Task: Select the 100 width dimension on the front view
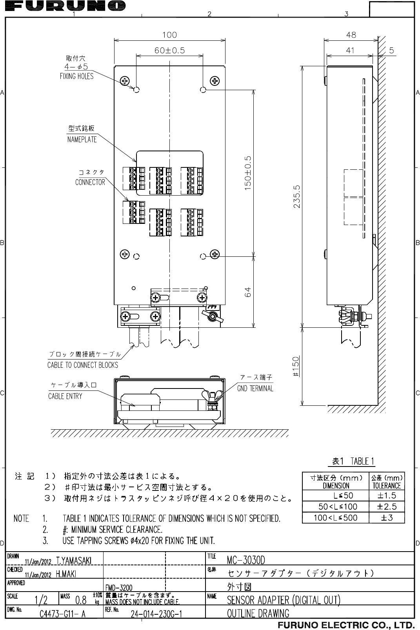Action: point(169,35)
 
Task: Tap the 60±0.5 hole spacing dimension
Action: point(169,50)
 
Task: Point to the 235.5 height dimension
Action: point(297,197)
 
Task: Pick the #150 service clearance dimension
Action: point(297,366)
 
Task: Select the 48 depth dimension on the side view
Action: point(351,35)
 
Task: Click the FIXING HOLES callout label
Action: point(76,76)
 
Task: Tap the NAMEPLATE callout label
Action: point(82,139)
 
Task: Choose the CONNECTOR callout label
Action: point(90,182)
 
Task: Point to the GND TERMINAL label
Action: point(255,389)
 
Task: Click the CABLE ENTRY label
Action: point(65,396)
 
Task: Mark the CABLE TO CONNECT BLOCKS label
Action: point(82,365)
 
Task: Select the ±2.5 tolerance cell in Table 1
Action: point(386,507)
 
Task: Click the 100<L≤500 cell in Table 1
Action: point(335,518)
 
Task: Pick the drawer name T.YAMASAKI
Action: point(74,561)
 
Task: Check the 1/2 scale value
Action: point(41,600)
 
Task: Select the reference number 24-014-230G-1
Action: point(155,614)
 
